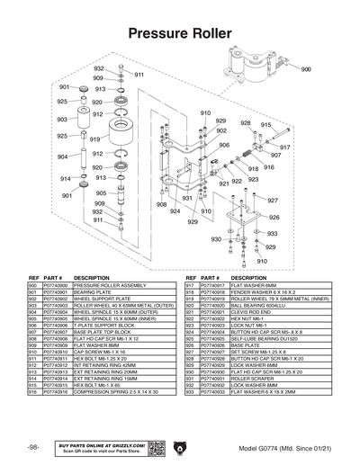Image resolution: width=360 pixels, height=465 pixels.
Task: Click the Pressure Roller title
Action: click(x=180, y=33)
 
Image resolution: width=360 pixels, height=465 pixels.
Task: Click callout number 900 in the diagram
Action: click(x=306, y=69)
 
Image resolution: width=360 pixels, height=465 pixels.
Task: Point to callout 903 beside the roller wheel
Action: click(x=62, y=119)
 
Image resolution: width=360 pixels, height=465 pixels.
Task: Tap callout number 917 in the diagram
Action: click(x=285, y=146)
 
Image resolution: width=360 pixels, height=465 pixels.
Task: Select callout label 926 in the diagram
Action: click(x=274, y=217)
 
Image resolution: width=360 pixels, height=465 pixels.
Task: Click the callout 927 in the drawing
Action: click(x=273, y=200)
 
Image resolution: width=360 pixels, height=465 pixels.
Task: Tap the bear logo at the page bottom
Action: click(x=180, y=446)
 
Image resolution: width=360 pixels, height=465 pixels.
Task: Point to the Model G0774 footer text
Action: click(x=285, y=447)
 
